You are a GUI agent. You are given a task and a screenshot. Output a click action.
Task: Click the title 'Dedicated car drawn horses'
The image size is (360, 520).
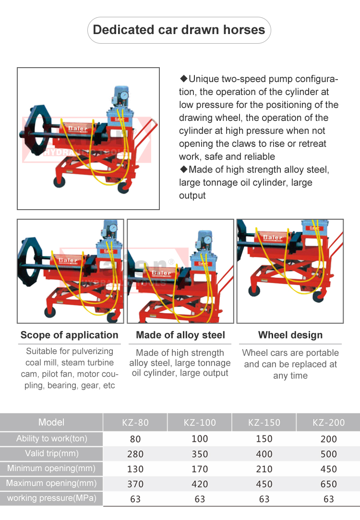pyautogui.click(x=179, y=30)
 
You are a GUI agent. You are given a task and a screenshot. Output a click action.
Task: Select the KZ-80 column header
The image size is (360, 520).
pyautogui.click(x=135, y=423)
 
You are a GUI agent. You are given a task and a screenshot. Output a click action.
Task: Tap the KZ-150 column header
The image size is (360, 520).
pyautogui.click(x=264, y=423)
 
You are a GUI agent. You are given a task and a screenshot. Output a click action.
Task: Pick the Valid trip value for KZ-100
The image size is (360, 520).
pyautogui.click(x=200, y=454)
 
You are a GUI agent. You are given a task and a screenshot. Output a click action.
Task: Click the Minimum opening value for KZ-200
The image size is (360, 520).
pyautogui.click(x=328, y=469)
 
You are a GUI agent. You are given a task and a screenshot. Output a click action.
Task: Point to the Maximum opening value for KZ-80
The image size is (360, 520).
pyautogui.click(x=135, y=484)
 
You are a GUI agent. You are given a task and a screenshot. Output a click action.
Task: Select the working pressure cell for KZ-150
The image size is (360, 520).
pyautogui.click(x=264, y=499)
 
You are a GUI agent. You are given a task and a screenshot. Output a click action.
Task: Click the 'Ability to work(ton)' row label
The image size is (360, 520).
pyautogui.click(x=52, y=439)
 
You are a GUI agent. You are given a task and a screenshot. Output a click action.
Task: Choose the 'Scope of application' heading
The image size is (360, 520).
pyautogui.click(x=69, y=335)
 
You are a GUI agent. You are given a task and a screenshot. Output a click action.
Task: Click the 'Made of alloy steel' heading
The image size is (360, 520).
pyautogui.click(x=180, y=335)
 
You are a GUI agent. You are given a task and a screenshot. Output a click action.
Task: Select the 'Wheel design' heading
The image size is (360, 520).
pyautogui.click(x=290, y=335)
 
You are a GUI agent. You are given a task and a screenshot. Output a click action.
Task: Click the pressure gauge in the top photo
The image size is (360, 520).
pyautogui.click(x=124, y=95)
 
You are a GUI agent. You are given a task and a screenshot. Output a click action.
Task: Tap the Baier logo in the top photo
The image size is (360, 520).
pyautogui.click(x=78, y=129)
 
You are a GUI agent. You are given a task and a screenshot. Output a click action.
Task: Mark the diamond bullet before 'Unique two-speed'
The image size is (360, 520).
pyautogui.click(x=184, y=79)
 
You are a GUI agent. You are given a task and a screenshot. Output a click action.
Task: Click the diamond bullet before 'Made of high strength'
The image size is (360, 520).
pyautogui.click(x=184, y=169)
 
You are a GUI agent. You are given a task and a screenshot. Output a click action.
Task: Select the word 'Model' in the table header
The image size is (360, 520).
pyautogui.click(x=51, y=422)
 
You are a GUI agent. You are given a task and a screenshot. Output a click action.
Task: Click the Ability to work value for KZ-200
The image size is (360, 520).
pyautogui.click(x=328, y=439)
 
